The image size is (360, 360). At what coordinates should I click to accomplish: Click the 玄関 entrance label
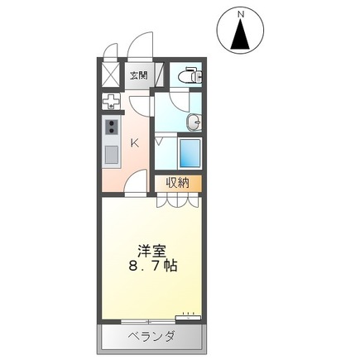coord(138,75)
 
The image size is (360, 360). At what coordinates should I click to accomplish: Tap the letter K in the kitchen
coord(133,142)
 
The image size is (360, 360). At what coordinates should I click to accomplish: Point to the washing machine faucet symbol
coord(110,102)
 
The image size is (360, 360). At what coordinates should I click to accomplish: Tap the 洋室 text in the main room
coord(150,249)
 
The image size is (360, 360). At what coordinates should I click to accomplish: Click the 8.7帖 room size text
coord(150,267)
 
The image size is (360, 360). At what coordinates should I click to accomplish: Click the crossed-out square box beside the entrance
coord(110,75)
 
